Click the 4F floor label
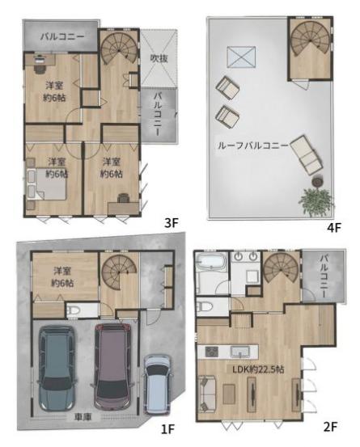click(334, 227)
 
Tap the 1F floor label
click(167, 428)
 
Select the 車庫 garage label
click(83, 417)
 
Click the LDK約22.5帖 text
click(258, 369)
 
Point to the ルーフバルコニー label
click(252, 146)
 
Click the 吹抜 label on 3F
click(159, 58)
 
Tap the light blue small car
click(157, 384)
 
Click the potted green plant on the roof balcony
click(316, 200)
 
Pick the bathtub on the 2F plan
click(211, 262)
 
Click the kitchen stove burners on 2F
click(212, 351)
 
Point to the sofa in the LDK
click(207, 394)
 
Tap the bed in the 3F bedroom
click(46, 183)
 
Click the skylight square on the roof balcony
click(241, 57)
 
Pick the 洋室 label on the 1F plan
click(62, 271)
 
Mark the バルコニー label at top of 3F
click(62, 36)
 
